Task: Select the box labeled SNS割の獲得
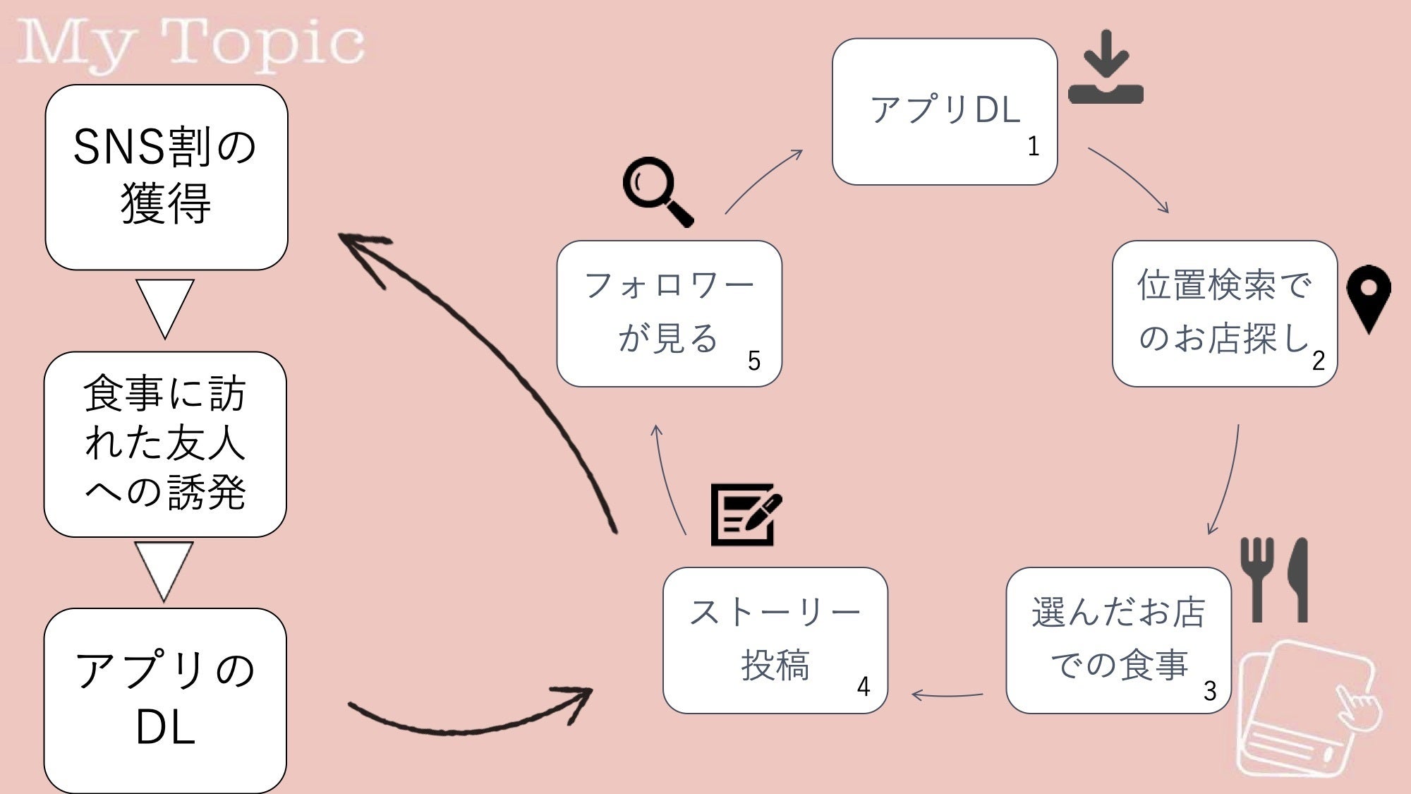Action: [x=166, y=177]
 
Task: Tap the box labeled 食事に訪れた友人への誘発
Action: [x=165, y=444]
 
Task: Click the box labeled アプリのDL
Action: [x=165, y=700]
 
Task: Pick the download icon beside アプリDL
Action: [x=1106, y=68]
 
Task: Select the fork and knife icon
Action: [x=1275, y=579]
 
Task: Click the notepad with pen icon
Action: [x=745, y=515]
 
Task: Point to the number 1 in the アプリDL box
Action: [x=1033, y=147]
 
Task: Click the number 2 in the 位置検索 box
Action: [x=1319, y=361]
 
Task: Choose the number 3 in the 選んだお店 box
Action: [x=1210, y=691]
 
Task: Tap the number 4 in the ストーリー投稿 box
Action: [x=864, y=687]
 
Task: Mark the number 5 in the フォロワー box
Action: [x=754, y=361]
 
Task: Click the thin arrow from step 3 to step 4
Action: [x=947, y=695]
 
